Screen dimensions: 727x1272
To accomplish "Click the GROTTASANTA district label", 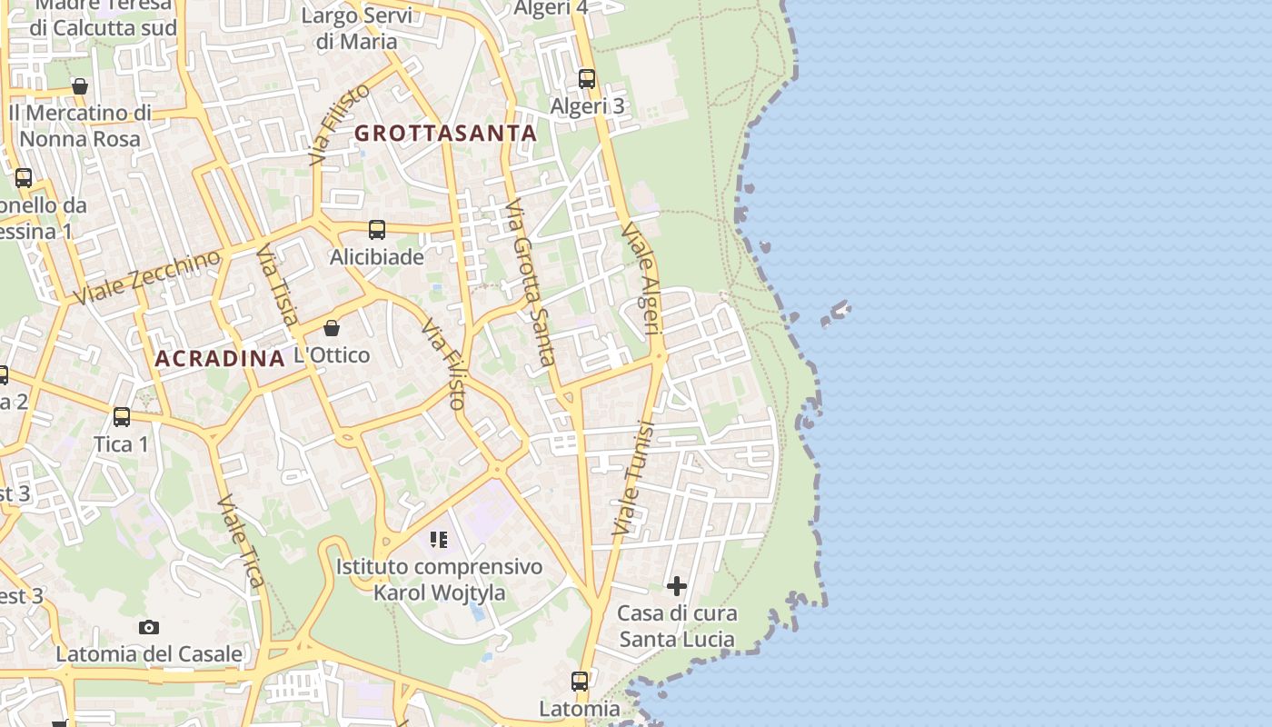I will click(x=445, y=133).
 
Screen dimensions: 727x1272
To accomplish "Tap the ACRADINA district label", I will click(x=220, y=358).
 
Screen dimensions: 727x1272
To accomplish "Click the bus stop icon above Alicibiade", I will click(x=377, y=230).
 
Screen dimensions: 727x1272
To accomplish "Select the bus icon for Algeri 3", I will click(x=587, y=78).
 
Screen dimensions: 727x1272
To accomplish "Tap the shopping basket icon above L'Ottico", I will click(x=332, y=327).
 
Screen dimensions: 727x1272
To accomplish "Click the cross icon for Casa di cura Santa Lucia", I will click(x=677, y=586).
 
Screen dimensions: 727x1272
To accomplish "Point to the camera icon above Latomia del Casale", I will click(x=149, y=627).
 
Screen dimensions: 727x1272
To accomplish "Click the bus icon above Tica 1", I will click(x=122, y=417).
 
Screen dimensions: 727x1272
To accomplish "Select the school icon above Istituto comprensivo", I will click(x=440, y=540).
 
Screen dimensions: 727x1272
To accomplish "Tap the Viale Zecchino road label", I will click(x=147, y=276).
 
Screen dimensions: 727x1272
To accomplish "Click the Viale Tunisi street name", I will click(x=634, y=476).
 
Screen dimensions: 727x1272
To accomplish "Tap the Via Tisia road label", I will click(x=276, y=284).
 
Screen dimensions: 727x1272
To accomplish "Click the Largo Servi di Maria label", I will click(x=356, y=28).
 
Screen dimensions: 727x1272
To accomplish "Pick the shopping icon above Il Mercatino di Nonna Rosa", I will click(x=80, y=86).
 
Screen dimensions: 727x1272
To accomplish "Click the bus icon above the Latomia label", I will click(x=580, y=681).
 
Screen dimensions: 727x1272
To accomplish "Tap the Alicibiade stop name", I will click(x=376, y=257).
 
